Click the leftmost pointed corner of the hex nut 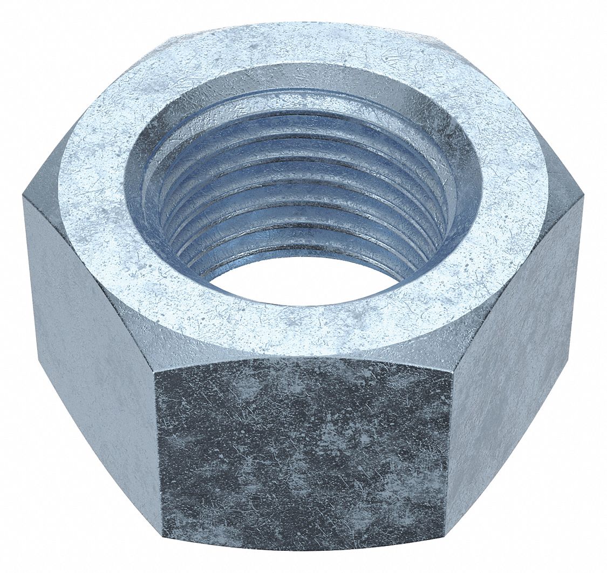pos(23,197)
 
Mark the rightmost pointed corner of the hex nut pos(583,198)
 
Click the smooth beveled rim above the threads pos(302,81)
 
